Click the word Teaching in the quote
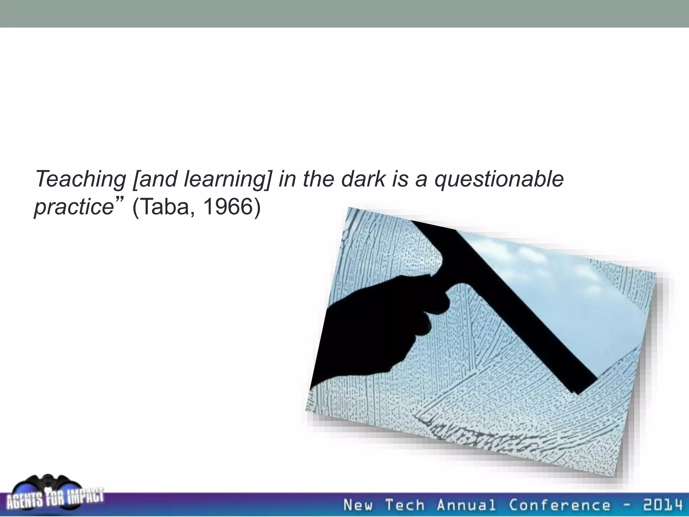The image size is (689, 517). coord(80,179)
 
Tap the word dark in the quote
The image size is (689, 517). coord(363,179)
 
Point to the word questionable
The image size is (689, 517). coord(499,179)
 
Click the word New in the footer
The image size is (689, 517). coord(358,505)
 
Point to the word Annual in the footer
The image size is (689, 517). coord(466,505)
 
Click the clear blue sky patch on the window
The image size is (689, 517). coord(572,296)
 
